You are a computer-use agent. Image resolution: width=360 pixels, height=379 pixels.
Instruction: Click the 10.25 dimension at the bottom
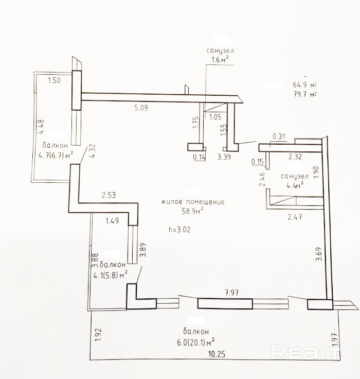[x=217, y=354]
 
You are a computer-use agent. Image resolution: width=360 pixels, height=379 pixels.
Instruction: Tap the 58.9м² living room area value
[x=192, y=211]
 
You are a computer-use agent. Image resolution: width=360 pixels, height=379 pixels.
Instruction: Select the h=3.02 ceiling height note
[x=179, y=229]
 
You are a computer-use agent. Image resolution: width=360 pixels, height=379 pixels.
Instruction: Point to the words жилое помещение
[x=193, y=201]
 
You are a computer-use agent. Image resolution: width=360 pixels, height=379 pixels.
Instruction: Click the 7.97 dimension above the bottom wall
[x=231, y=292]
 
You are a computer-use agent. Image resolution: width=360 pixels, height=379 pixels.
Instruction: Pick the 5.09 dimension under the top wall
[x=141, y=108]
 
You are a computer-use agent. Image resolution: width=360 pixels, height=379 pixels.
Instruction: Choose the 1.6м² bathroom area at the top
[x=220, y=59]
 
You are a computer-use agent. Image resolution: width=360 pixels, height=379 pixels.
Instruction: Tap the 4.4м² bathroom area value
[x=295, y=185]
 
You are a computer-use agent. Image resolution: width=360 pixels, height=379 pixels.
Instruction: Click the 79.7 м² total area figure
[x=305, y=94]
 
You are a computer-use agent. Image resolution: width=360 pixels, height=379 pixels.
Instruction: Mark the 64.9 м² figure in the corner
[x=304, y=84]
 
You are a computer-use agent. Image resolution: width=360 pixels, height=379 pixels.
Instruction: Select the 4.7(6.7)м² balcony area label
[x=56, y=155]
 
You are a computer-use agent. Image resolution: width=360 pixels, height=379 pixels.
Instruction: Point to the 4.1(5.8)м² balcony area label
[x=111, y=274]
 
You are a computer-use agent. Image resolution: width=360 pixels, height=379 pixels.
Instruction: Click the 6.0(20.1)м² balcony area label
[x=196, y=342]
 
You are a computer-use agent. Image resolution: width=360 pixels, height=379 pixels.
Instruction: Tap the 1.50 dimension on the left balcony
[x=55, y=80]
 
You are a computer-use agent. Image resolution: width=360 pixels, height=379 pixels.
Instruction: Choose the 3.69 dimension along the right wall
[x=319, y=254]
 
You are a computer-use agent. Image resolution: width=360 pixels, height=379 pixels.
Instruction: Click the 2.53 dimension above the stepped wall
[x=109, y=195]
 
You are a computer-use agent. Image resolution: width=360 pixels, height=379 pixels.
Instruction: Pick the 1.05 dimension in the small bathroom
[x=215, y=117]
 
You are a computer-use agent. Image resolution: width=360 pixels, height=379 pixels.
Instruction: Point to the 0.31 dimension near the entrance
[x=279, y=136]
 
